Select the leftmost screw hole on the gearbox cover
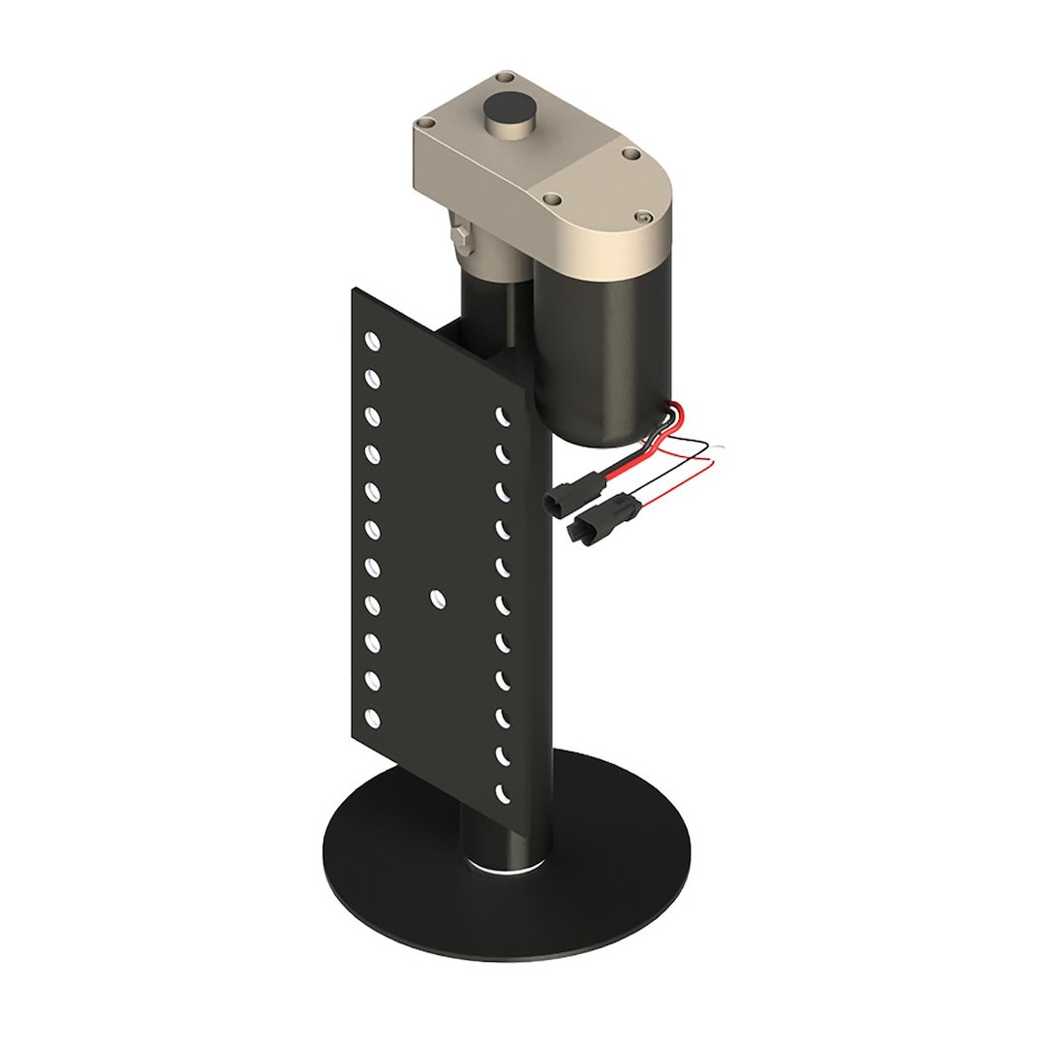click(x=424, y=124)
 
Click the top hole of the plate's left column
click(x=371, y=340)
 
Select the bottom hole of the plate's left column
click(x=371, y=718)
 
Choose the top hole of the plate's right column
click(x=503, y=416)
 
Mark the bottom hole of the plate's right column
click(x=503, y=793)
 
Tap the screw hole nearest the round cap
click(x=503, y=77)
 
